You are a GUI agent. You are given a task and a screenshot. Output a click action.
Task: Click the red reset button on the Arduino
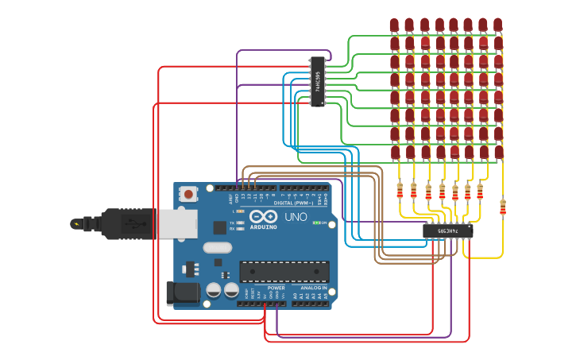click(x=188, y=193)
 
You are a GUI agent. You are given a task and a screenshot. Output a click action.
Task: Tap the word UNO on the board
click(x=296, y=217)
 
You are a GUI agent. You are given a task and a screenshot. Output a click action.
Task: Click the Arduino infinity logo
click(x=263, y=216)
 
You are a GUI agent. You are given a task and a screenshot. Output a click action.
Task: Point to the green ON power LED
click(x=316, y=223)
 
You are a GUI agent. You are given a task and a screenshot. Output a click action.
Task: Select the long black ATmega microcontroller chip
click(x=284, y=271)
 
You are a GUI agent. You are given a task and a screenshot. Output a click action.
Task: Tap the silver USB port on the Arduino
click(x=177, y=224)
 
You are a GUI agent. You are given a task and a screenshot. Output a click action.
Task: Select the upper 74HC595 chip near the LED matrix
click(x=318, y=81)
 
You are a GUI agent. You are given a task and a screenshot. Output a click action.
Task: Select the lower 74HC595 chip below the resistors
click(x=448, y=231)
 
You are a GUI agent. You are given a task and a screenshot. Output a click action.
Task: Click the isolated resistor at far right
click(x=502, y=207)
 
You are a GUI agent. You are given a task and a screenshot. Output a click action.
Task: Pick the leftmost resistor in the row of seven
click(x=400, y=191)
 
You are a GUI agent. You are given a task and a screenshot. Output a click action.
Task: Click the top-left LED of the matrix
click(x=394, y=25)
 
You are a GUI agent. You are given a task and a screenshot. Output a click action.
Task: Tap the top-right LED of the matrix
click(x=497, y=25)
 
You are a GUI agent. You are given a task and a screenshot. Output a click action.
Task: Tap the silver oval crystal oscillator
click(x=217, y=248)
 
